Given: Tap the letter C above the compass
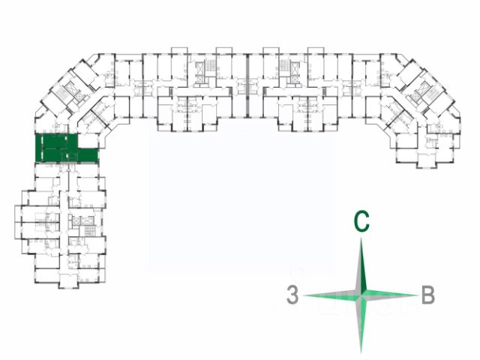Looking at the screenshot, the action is (361, 222).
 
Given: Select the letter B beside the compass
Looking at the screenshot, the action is (427, 295).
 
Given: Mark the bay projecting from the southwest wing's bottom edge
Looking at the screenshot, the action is (64, 281).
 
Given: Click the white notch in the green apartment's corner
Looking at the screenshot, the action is (88, 142).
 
